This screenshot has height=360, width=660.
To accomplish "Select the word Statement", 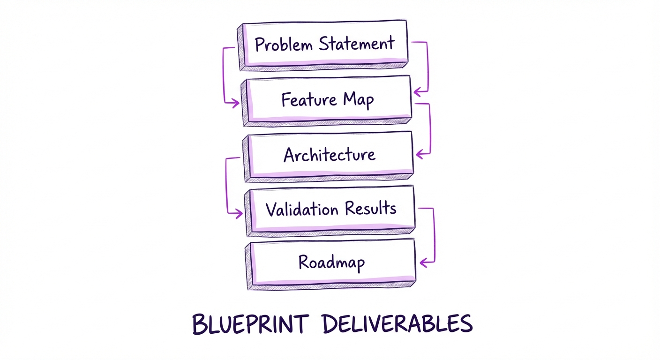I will pos(357,44).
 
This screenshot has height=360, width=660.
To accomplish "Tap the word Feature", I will pos(309,99).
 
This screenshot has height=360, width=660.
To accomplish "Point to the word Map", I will pos(359,100).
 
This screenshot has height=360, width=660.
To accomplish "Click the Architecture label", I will pos(330,155).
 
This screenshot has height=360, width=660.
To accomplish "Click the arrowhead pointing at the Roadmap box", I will pos(422,263).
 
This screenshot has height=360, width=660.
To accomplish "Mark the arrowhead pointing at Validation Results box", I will pos(239,214).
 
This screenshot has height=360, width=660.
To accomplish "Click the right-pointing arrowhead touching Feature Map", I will pos(235,104).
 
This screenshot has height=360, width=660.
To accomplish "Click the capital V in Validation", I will pos(270,209).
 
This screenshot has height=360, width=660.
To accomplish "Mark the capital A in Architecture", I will pos(290,155).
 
